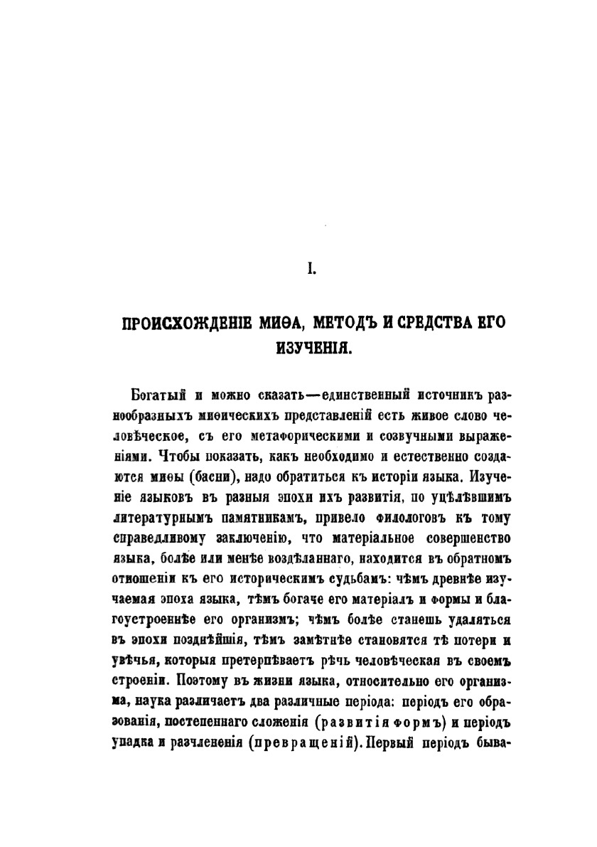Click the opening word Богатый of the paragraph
[x=156, y=395]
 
